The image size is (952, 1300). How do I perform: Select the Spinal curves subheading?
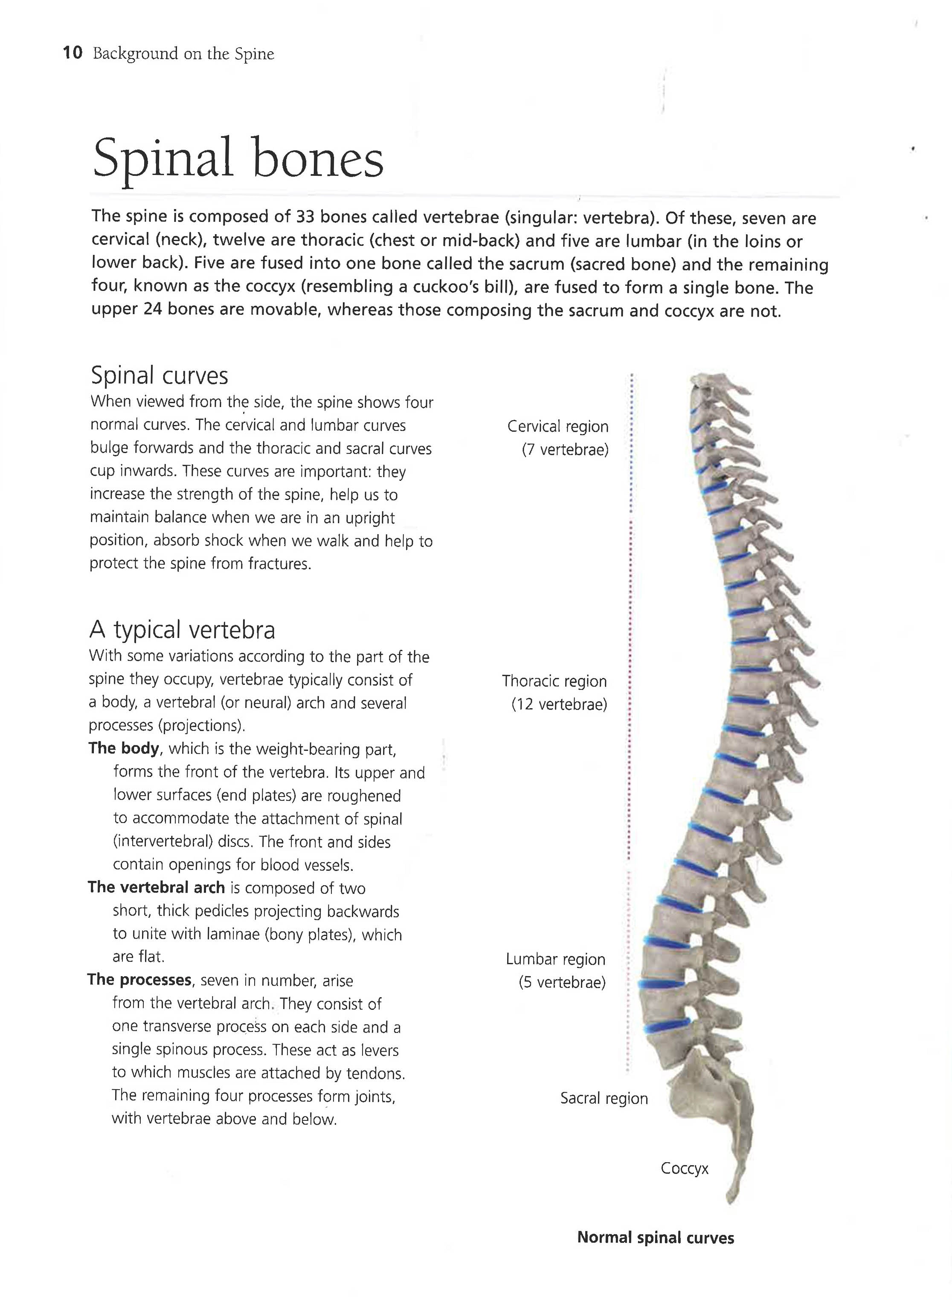coord(160,375)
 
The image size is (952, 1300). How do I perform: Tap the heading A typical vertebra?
coord(182,630)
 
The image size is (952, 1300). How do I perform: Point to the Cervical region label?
coord(557,427)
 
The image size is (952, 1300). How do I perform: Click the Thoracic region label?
coord(554,681)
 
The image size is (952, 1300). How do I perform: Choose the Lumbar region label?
coord(555,959)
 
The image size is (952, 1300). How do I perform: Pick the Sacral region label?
coord(604,1098)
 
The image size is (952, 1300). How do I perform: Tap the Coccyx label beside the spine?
coord(685,1168)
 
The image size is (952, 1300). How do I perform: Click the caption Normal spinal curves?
coord(655,1238)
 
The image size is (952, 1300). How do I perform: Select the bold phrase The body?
coord(124,748)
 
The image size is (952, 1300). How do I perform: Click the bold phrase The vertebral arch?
coord(156,887)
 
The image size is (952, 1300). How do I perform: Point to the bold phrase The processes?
coord(139,980)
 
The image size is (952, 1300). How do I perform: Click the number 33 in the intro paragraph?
coord(305,216)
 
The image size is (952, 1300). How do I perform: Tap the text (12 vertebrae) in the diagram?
coord(559,704)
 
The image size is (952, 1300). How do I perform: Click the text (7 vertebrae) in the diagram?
coord(565,450)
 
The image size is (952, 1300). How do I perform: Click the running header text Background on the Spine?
coord(183,54)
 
